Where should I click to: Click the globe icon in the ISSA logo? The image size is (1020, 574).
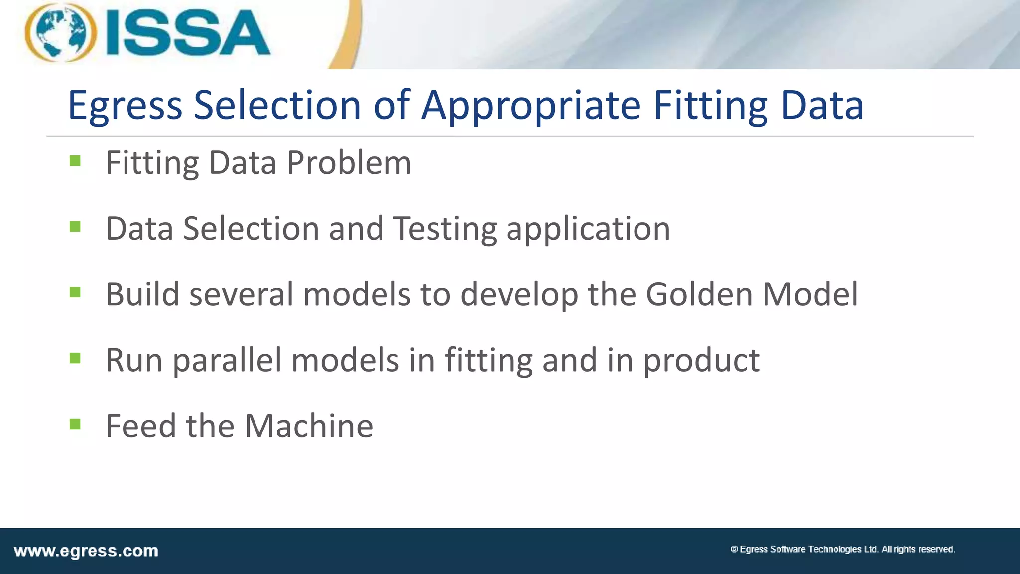point(60,33)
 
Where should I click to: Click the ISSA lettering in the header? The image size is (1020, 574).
point(188,33)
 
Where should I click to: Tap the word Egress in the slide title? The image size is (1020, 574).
point(125,106)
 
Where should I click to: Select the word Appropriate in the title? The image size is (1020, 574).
point(531,106)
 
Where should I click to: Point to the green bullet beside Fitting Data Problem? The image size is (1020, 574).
point(75,160)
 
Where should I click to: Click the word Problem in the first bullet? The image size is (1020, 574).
point(349,163)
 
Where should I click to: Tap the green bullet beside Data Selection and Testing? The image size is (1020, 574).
point(75,227)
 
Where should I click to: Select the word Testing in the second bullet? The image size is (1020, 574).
point(445,229)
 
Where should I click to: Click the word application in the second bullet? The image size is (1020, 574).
point(588,229)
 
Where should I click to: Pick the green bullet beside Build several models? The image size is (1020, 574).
point(75,292)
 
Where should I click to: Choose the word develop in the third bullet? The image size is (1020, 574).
point(519,295)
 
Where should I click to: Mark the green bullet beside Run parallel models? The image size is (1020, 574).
point(75,358)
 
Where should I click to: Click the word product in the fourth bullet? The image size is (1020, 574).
point(701,361)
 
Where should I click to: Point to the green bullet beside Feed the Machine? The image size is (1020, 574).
point(75,424)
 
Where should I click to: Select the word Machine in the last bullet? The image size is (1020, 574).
point(309,426)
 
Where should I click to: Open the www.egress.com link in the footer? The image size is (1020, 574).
point(86,551)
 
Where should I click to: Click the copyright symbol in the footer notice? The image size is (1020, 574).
point(734,549)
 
